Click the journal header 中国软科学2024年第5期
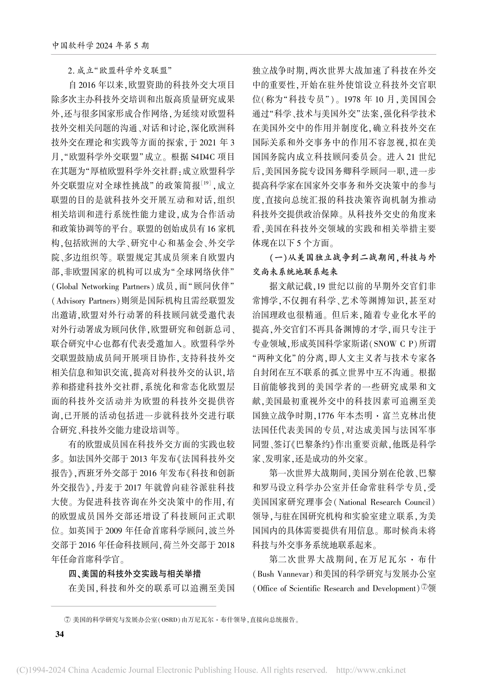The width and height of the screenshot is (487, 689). coord(101,46)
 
